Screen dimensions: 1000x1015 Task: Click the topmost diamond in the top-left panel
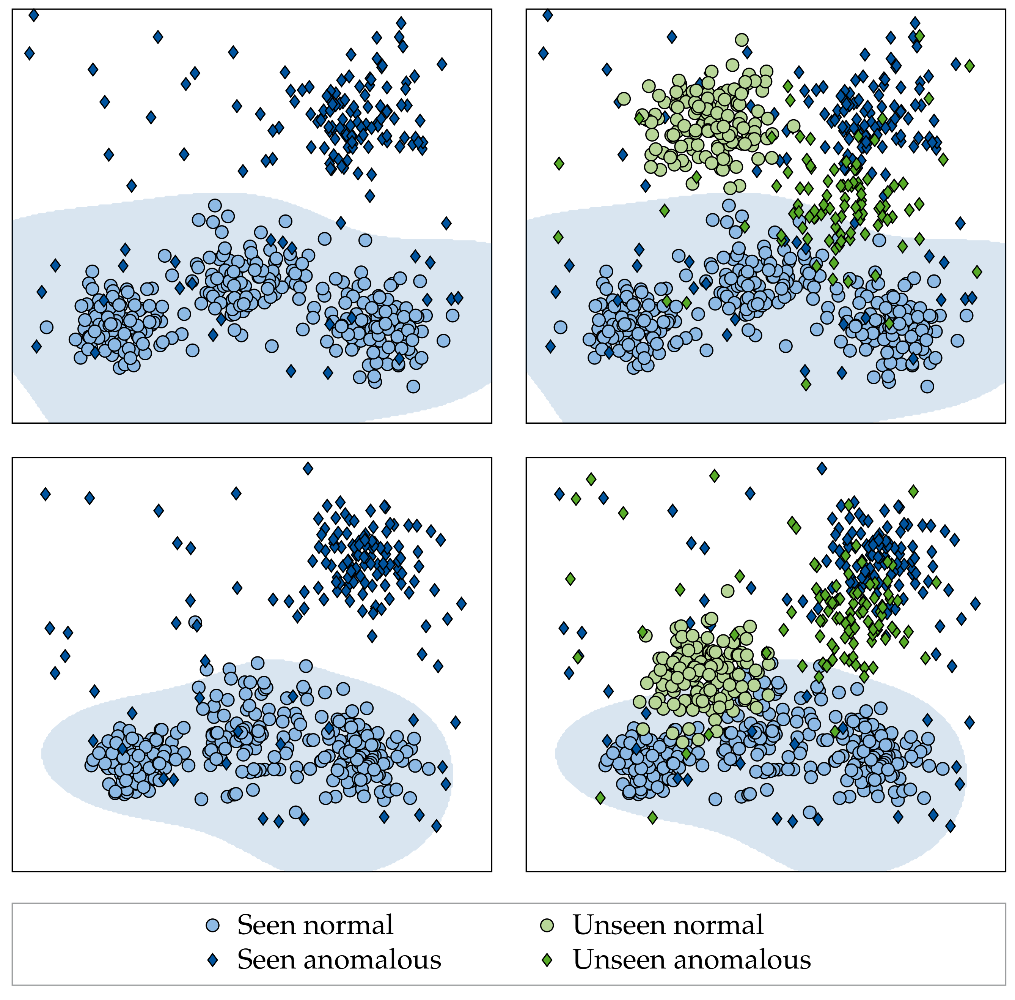[x=34, y=16]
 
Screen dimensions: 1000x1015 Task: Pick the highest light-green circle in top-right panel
[x=742, y=39]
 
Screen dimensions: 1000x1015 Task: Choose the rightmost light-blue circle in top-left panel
[x=453, y=315]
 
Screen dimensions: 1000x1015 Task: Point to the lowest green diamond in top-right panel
[x=806, y=385]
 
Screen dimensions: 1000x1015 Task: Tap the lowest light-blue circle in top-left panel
[x=413, y=386]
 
